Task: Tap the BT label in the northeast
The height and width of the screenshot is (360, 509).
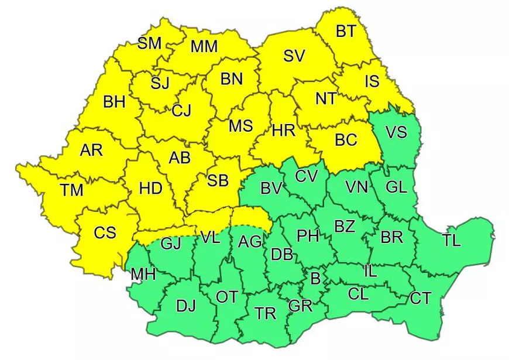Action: point(346,31)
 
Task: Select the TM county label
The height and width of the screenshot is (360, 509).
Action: point(71,190)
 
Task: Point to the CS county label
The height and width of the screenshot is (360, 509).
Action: point(105,232)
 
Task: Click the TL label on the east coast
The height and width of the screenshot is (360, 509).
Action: point(451,239)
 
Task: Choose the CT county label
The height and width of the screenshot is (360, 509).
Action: point(420,299)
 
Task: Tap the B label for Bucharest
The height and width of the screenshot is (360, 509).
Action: point(315,279)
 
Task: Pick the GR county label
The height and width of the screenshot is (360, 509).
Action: point(300,305)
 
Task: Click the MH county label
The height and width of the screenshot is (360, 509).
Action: point(143,274)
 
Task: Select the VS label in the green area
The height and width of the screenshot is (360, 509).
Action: point(396,132)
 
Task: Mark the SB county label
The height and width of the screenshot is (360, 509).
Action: point(217,180)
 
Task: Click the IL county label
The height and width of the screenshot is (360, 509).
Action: point(370,271)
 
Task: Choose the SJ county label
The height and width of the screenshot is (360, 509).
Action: point(159,83)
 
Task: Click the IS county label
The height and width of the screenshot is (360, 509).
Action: point(372,81)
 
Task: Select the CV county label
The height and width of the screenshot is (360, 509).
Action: point(306,175)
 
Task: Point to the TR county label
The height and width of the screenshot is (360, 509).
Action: point(266,313)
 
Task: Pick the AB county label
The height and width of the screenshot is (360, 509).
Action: point(180,158)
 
